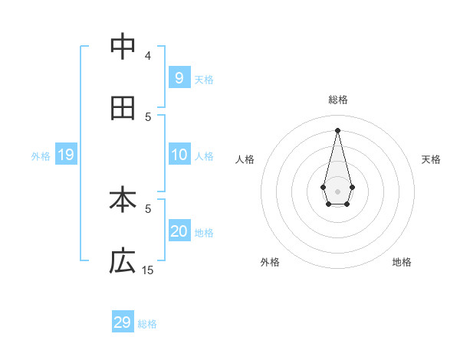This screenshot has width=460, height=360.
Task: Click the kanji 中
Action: coord(123,47)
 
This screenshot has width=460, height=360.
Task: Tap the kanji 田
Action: coord(123,108)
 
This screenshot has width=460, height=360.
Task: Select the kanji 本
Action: coord(123,201)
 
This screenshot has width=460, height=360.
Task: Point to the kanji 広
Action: coord(123,261)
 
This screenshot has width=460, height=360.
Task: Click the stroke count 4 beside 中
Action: coord(148,55)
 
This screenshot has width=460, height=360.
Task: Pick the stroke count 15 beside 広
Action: coord(148,270)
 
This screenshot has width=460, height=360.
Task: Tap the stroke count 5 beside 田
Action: coord(148,116)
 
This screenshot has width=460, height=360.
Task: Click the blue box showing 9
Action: coord(179,77)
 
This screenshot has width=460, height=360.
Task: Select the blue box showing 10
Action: coord(179,155)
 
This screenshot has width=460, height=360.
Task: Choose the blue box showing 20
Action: coord(179,231)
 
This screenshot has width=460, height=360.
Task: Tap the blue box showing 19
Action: coord(66,155)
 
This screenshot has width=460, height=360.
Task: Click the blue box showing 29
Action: coord(123,322)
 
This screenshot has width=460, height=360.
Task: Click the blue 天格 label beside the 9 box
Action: coord(204,79)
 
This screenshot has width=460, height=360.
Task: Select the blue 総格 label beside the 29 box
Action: coord(147,324)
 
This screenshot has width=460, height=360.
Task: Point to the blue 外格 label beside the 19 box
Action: coord(41,156)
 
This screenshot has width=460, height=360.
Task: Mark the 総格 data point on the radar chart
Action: coord(337,129)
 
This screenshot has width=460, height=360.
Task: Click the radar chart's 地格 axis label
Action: coord(402,262)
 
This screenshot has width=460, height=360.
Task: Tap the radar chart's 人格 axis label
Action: coord(245,159)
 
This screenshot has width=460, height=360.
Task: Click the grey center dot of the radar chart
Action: coord(337,190)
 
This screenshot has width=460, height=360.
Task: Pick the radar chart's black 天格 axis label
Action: coord(431,159)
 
